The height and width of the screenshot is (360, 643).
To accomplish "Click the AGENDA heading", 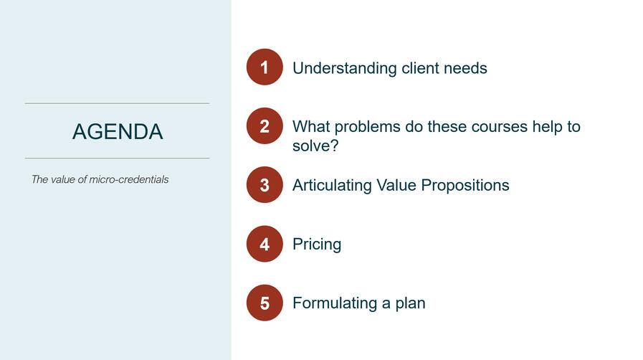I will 118,131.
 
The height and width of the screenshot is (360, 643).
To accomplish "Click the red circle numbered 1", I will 265,68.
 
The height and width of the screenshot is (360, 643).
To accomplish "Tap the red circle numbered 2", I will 265,127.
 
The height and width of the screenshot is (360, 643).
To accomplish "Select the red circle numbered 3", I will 265,185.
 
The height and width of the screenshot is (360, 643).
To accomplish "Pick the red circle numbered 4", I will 265,244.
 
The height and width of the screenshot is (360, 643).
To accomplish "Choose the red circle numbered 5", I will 265,303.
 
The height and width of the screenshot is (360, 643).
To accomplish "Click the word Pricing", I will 317,245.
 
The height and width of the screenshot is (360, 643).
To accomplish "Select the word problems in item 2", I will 373,127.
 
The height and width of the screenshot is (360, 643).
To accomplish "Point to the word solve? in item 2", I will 315,146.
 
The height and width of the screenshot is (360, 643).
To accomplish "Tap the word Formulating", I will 334,303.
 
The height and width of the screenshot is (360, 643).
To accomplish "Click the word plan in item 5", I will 411,303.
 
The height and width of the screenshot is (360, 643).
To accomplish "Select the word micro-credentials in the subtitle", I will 129,179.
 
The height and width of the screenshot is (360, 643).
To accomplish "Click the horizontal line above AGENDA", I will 118,103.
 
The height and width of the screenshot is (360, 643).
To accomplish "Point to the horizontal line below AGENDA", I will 118,158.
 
